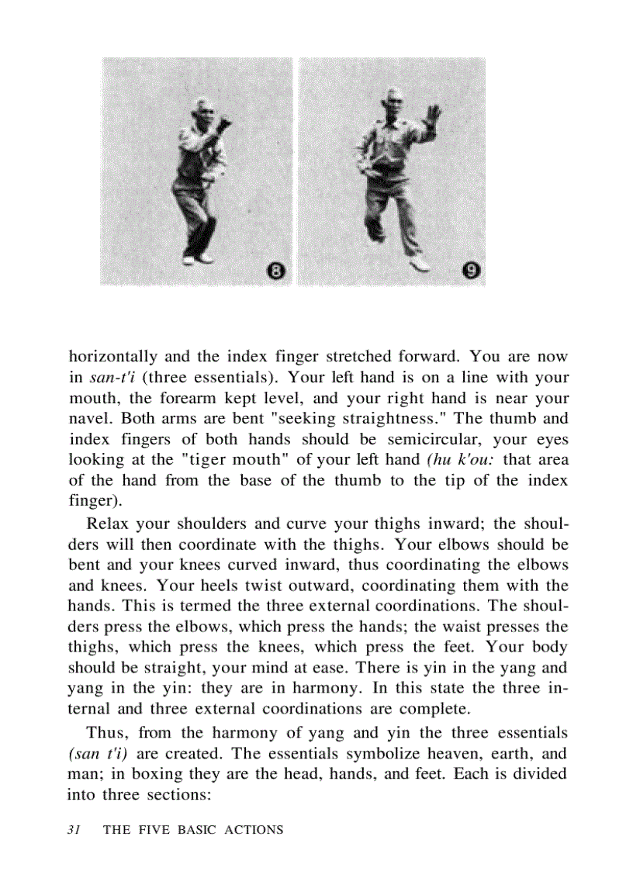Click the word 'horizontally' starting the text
point(113,358)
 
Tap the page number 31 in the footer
point(74,829)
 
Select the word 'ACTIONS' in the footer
point(254,830)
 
